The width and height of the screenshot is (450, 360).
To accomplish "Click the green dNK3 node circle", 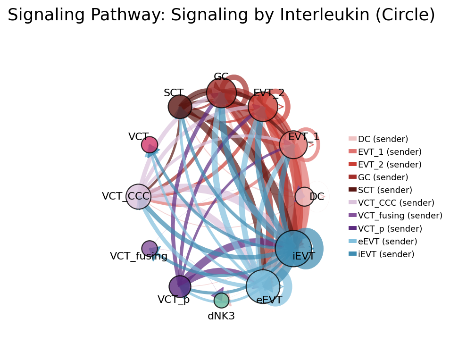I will tap(221, 300).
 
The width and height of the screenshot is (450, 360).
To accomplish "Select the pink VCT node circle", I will tap(150, 144).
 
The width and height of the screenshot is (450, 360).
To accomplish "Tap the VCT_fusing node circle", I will tap(150, 249).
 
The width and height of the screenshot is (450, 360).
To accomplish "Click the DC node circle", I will tap(304, 197).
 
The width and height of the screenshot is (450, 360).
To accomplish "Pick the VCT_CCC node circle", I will tap(138, 197).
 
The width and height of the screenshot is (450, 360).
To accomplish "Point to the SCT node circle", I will tap(180, 107).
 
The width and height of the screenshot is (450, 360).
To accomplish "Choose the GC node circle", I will tap(221, 93).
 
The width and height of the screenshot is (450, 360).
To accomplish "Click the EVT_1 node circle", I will tap(293, 145).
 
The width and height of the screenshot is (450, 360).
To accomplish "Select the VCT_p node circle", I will tap(180, 286).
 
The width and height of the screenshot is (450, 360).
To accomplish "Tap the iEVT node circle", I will tap(293, 249).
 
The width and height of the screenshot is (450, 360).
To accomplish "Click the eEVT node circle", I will tap(263, 286).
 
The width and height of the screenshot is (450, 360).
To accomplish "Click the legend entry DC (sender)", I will tap(383, 139).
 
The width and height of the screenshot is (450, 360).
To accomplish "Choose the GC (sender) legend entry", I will tap(383, 177).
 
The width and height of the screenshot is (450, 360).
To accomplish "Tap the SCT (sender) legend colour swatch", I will tap(352, 190).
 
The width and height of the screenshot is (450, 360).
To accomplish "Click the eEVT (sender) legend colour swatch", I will tap(352, 241).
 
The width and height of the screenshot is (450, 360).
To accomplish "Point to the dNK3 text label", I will tap(221, 316).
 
